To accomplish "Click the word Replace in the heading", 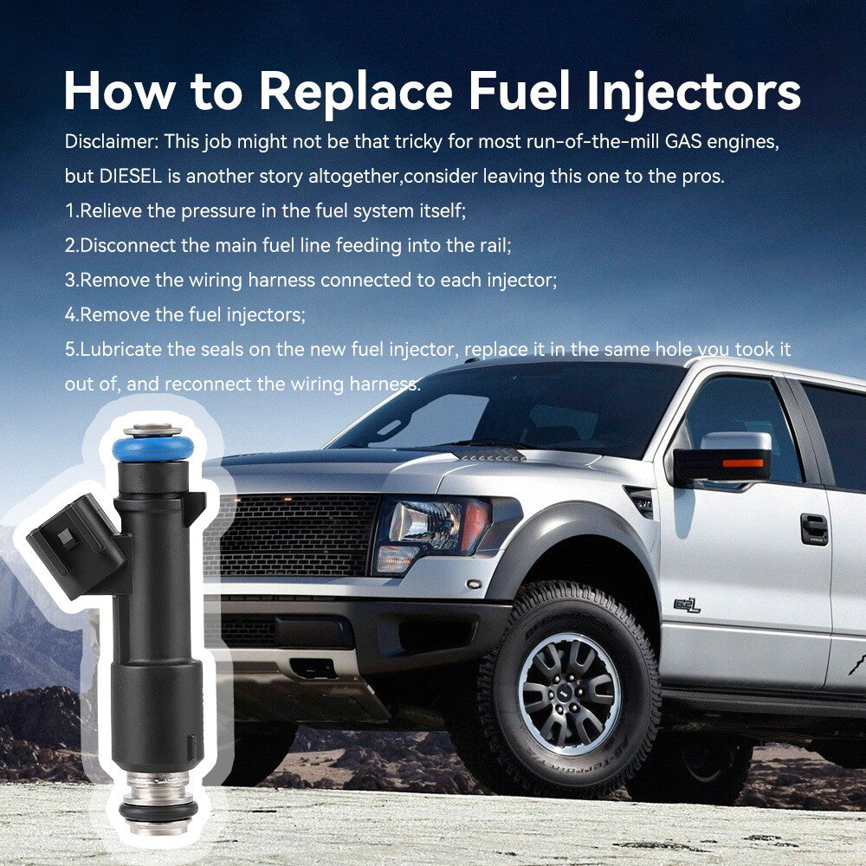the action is (356, 92).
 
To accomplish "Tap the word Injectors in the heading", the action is (694, 92).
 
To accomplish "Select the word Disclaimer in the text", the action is (112, 141).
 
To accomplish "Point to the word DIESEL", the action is (131, 176).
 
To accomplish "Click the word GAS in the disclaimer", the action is (683, 141).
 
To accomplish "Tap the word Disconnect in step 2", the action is (128, 245).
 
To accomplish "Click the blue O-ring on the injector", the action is (153, 448).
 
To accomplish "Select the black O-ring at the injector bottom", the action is (158, 810).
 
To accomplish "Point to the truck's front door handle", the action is (814, 529).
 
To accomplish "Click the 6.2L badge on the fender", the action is (687, 606).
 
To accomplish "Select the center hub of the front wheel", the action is (570, 695).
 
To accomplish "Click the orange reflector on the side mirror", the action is (743, 462).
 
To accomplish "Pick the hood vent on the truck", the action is (489, 455).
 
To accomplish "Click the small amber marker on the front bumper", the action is (474, 584).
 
